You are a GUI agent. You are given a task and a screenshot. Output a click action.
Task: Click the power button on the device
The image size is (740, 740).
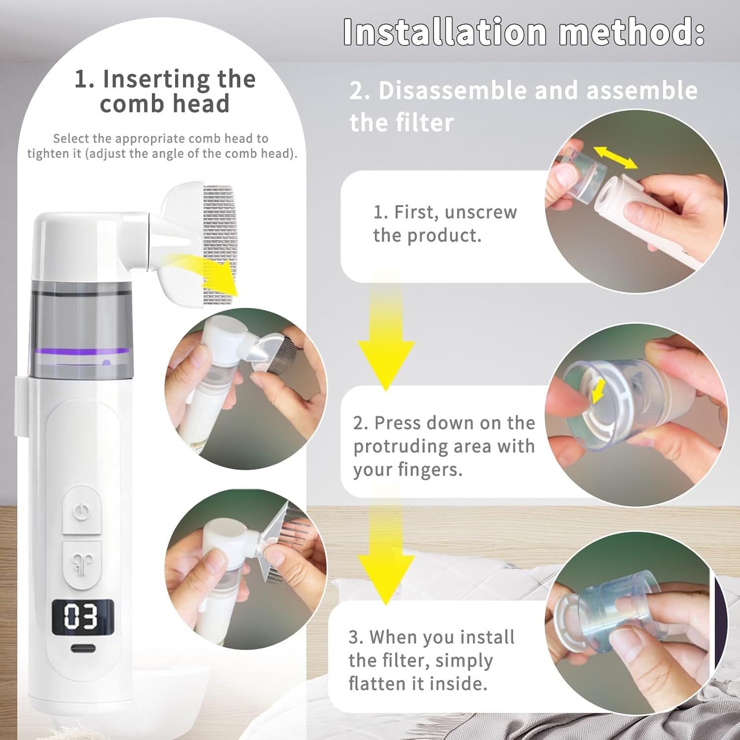(82, 511)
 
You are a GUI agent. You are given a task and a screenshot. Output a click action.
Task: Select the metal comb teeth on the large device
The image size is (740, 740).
(221, 237)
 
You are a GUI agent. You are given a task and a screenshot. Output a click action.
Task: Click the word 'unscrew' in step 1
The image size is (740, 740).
(481, 212)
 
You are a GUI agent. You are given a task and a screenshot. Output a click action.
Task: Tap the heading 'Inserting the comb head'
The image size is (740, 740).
(165, 91)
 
